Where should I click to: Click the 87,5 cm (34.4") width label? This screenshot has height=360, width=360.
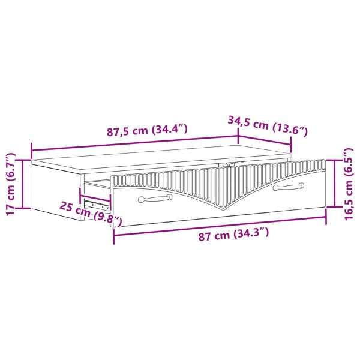(x=147, y=130)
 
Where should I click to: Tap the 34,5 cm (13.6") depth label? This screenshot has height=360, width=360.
(x=268, y=126)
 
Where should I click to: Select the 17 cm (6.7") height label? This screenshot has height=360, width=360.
(x=11, y=184)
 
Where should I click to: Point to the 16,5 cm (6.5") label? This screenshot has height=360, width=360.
(x=348, y=184)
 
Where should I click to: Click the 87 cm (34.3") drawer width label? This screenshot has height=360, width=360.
(x=233, y=234)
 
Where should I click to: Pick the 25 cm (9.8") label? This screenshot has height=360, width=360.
(x=91, y=214)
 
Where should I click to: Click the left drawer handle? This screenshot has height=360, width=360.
(x=155, y=198)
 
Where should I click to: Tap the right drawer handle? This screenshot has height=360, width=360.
(x=289, y=187)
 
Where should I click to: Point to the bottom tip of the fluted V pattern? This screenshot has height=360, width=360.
(x=224, y=209)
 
